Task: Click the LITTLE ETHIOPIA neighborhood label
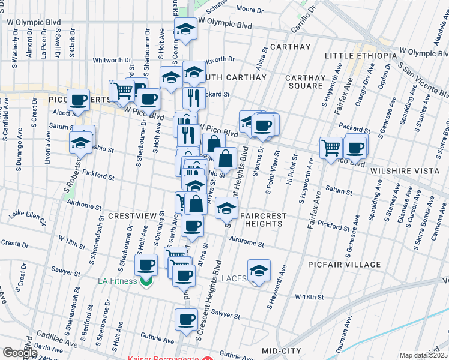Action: click(360, 56)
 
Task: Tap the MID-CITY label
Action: click(285, 349)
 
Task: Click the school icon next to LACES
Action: click(259, 271)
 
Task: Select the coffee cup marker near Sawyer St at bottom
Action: click(186, 319)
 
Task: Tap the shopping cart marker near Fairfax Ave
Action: click(331, 147)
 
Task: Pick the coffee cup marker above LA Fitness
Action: click(146, 265)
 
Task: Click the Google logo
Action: click(20, 353)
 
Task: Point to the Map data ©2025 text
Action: click(424, 355)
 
